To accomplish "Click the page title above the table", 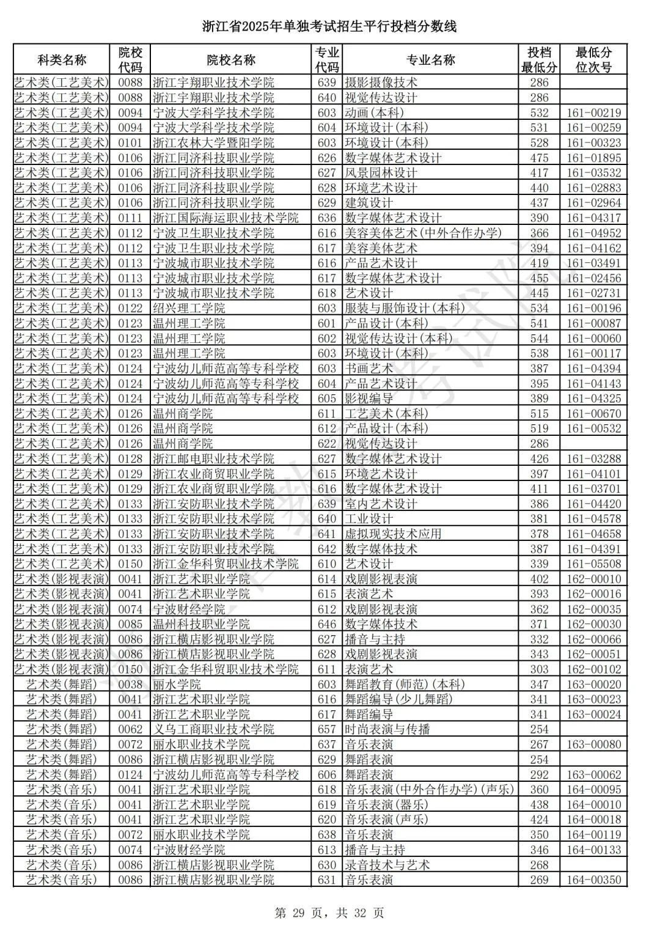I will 329,27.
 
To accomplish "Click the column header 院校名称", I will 231,60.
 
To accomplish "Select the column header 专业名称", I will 430,60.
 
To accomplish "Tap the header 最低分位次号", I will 593,60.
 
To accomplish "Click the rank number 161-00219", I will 593,112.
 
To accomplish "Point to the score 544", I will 539,339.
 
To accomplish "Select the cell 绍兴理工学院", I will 189,308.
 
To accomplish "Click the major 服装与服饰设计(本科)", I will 405,308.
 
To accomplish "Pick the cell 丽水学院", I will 177,685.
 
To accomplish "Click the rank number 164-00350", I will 593,880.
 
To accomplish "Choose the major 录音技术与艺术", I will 387,865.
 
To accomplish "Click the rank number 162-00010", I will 593,579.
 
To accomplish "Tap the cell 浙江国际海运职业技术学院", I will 226,218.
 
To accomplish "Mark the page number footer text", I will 329,913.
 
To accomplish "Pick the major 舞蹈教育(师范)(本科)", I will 405,685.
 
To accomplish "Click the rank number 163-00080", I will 593,745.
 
